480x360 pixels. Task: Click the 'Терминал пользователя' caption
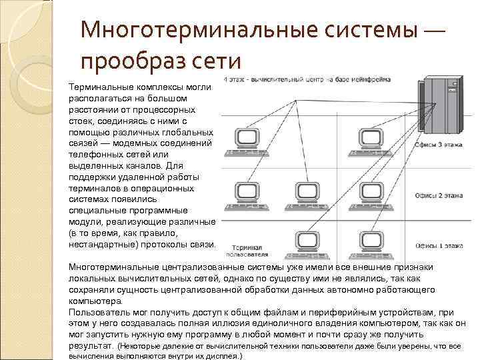click(x=246, y=250)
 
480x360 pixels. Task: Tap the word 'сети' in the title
click(x=215, y=61)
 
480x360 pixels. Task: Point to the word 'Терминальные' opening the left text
click(x=97, y=87)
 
